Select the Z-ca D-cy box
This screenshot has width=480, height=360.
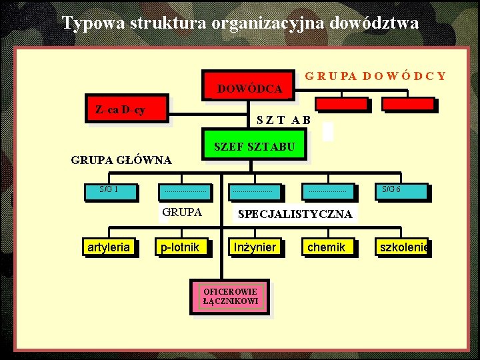click(126, 109)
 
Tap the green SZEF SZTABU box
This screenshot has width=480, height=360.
click(254, 147)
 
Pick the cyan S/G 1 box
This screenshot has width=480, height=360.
click(109, 191)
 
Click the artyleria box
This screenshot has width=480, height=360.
click(109, 247)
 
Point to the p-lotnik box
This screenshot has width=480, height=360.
click(180, 247)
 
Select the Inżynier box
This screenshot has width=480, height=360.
click(255, 247)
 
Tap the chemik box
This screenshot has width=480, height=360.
click(327, 247)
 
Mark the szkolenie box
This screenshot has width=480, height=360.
click(401, 247)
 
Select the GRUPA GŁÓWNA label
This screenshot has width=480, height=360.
click(121, 160)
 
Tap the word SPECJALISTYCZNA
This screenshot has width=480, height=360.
click(295, 214)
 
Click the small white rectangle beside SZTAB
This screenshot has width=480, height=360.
click(327, 131)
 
